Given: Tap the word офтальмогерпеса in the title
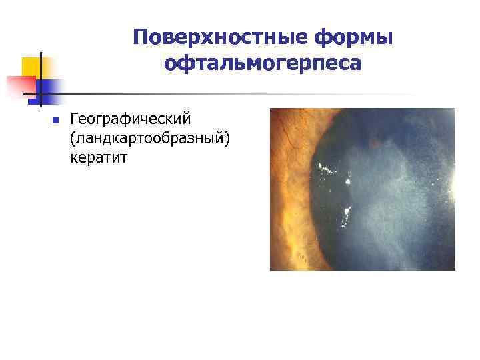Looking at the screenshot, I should click(x=262, y=64).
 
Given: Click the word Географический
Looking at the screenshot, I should click(x=131, y=119).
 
